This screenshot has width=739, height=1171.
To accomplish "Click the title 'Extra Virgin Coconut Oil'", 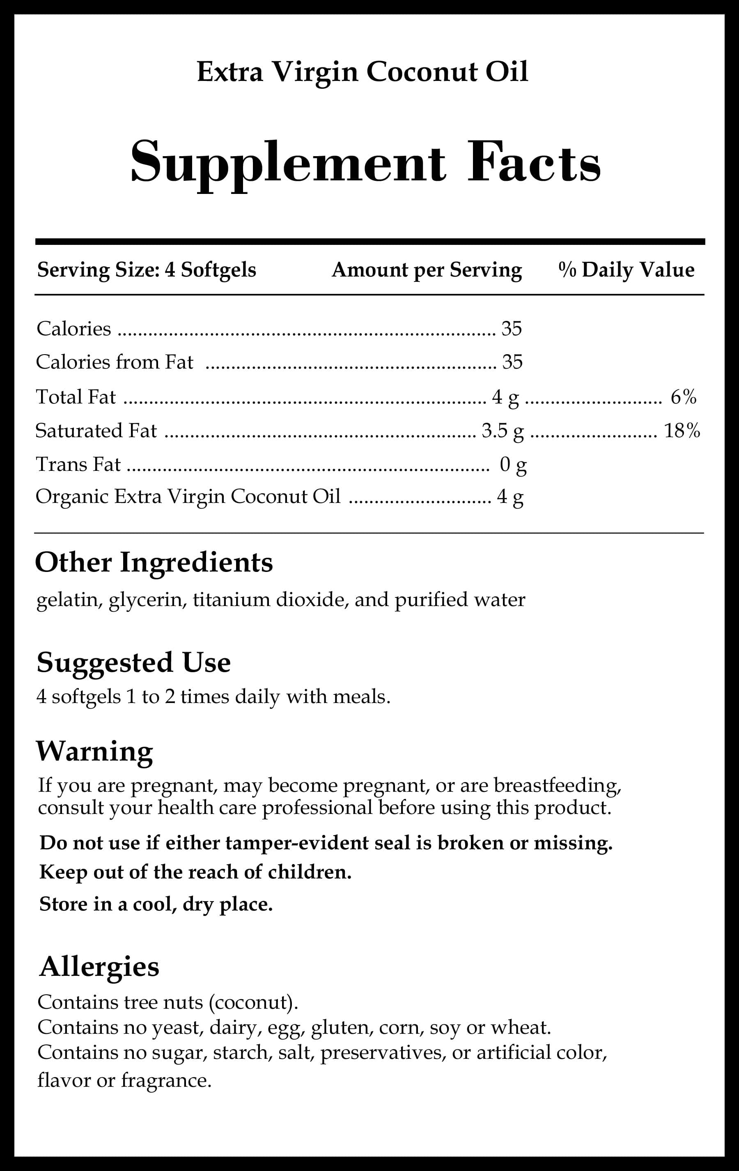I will [363, 72].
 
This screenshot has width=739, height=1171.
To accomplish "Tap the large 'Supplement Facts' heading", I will [365, 162].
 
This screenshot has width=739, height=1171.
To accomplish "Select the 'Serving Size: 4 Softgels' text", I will [146, 270].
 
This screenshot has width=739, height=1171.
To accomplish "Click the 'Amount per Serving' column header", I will [427, 270].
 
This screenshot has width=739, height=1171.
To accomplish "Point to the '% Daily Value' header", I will [626, 270].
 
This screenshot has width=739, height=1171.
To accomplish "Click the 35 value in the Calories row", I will [512, 329].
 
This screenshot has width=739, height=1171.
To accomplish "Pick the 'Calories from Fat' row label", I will [115, 362].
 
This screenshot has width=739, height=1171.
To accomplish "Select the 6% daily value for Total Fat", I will [684, 397].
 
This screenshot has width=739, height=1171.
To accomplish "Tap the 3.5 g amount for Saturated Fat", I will [503, 431].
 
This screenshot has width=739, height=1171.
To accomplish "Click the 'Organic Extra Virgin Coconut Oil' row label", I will [188, 496].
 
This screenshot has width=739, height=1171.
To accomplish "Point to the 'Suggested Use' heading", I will [133, 662].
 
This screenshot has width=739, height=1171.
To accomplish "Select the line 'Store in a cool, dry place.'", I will [156, 904].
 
